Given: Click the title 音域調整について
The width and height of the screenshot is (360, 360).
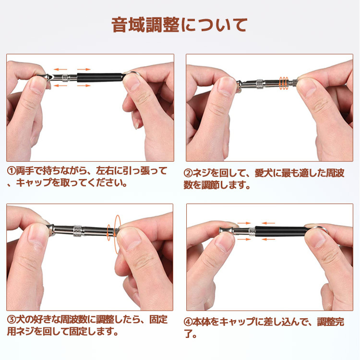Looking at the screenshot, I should pos(180,25).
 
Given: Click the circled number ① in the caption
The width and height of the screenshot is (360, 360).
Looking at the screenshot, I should pos(11,171).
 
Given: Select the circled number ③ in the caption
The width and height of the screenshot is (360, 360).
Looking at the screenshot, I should pos(11,320).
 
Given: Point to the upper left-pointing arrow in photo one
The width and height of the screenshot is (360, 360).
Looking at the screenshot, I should pos(60,69).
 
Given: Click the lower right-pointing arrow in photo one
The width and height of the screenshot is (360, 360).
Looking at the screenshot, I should pos(84,86).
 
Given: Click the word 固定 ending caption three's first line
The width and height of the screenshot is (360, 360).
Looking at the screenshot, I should pos(158,320).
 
